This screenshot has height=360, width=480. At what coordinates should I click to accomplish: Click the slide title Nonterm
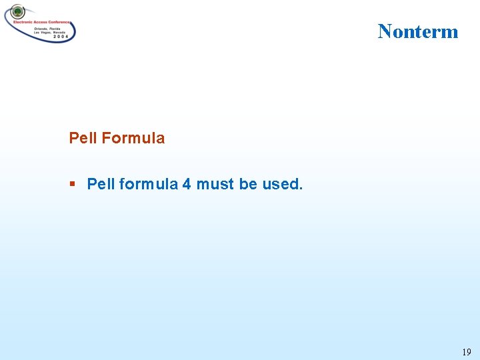418,31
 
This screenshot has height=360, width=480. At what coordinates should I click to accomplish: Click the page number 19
466,352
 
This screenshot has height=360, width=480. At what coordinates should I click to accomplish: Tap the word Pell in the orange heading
83,138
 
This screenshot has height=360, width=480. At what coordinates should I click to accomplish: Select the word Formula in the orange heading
133,138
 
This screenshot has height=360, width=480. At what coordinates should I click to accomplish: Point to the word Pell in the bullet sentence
101,184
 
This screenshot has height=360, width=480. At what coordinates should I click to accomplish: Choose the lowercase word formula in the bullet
149,184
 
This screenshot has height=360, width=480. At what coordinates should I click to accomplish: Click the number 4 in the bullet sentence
187,184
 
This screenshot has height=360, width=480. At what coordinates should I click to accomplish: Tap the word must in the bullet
215,184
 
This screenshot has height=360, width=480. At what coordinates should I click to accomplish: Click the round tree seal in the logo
17,12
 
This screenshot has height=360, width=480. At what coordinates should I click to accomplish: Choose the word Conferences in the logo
63,22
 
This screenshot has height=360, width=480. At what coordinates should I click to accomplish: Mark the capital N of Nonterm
385,31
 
